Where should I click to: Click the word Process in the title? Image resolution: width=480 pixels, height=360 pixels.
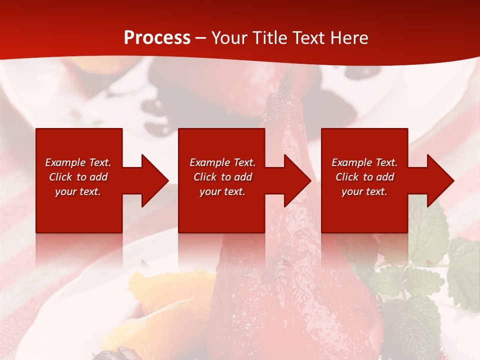tap(157, 37)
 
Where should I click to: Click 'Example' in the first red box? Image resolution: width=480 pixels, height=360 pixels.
tap(65, 162)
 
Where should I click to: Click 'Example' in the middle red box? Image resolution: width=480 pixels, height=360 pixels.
tap(209, 162)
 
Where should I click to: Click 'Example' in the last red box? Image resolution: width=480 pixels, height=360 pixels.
tap(351, 162)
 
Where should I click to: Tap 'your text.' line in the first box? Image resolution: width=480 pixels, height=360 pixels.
tap(78, 191)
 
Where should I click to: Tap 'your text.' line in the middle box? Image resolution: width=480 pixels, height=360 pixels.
tap(222, 191)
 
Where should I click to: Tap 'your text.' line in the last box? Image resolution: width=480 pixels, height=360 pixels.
tap(364, 191)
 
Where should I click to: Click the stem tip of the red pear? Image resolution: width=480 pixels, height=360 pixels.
tap(287, 75)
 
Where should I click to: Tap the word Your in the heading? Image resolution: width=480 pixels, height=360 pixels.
tap(229, 37)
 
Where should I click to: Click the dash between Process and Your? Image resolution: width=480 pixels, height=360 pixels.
tap(201, 38)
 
